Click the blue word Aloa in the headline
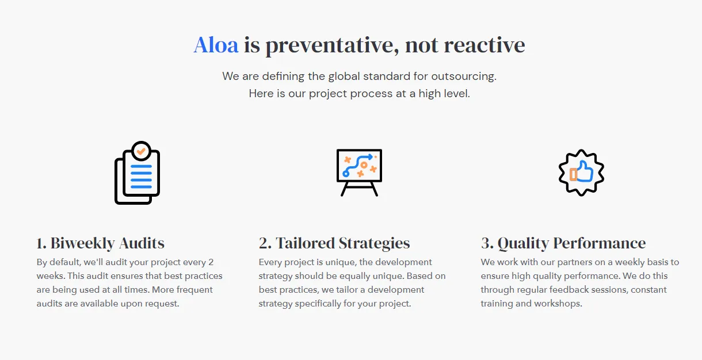click(x=216, y=45)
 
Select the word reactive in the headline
click(x=484, y=45)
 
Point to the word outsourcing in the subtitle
click(x=464, y=76)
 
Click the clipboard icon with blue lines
click(x=138, y=173)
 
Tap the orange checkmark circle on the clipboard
click(x=141, y=151)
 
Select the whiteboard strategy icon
click(x=359, y=173)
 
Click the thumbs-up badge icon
click(x=581, y=173)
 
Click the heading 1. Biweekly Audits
click(x=100, y=243)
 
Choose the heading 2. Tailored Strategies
click(x=334, y=243)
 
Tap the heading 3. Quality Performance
click(x=563, y=243)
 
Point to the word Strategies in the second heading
click(x=374, y=243)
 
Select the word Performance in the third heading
click(x=600, y=243)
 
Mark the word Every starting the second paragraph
click(x=270, y=262)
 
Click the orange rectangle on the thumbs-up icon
click(x=573, y=174)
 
